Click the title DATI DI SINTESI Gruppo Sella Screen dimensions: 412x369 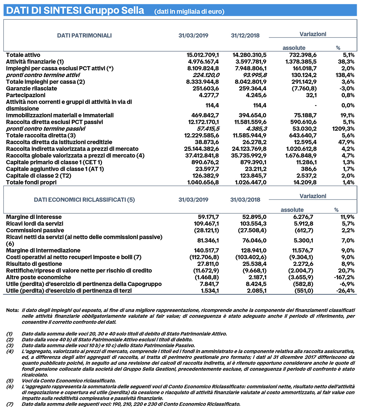click(75, 10)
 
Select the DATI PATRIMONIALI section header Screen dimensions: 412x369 click(84, 36)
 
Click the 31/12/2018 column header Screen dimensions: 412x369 click(245, 36)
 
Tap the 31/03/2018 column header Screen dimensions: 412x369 click(245, 200)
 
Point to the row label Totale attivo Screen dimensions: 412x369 click(23, 55)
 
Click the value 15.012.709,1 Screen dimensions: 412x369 click(202, 55)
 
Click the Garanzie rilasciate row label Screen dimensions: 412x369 click(32, 88)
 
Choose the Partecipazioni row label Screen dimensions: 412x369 click(26, 95)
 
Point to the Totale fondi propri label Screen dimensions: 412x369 click(31, 182)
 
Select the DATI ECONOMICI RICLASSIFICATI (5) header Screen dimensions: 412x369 click(84, 200)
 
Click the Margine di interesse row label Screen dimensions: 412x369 click(34, 217)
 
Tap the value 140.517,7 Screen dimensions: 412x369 click(206, 250)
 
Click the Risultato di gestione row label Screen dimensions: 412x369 click(34, 264)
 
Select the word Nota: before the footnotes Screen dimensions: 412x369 click(12, 310)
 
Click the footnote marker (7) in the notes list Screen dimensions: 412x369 click(10, 404)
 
